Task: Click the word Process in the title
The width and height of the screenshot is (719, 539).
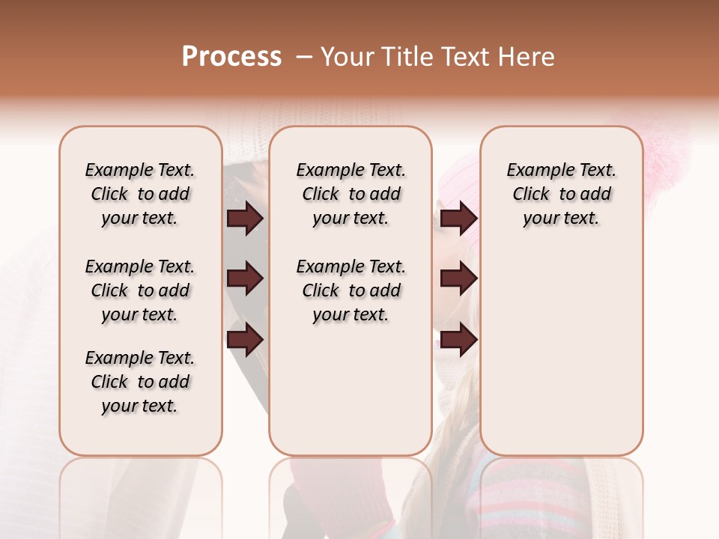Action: (231, 57)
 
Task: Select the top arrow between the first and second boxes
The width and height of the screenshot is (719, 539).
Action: (245, 219)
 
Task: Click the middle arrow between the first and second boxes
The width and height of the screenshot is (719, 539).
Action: (245, 279)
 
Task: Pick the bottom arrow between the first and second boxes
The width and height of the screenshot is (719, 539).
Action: (245, 339)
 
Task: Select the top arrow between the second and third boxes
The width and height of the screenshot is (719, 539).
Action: (458, 219)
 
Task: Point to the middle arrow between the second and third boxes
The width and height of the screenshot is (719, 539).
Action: (458, 279)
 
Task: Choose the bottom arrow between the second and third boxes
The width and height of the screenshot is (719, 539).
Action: (458, 339)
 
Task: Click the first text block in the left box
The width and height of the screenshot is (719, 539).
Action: (140, 194)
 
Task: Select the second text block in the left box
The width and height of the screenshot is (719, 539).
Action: (140, 290)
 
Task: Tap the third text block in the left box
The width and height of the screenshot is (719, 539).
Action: (140, 382)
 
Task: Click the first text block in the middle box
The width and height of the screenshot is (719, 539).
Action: (351, 194)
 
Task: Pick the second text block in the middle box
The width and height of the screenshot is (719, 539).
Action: (351, 290)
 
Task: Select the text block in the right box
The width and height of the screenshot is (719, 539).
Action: (562, 194)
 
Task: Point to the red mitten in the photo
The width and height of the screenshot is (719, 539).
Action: (330, 494)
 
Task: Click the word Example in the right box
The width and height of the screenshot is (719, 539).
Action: (534, 171)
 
